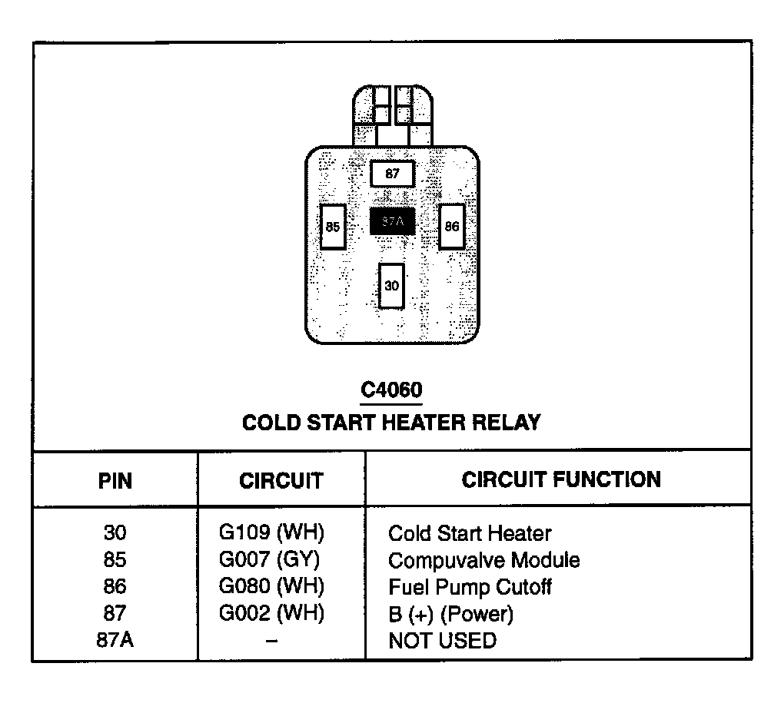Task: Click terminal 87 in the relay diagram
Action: [x=393, y=174]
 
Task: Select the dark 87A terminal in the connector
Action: [x=392, y=222]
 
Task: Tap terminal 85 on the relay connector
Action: [x=333, y=227]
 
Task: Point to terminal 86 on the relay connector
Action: [x=452, y=227]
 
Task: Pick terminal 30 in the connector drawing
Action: [x=392, y=286]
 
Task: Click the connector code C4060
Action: [x=391, y=390]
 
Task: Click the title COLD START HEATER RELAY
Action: [x=391, y=423]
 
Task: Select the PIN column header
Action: [x=115, y=481]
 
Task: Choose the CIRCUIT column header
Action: [x=281, y=481]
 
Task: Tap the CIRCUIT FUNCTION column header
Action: [x=560, y=479]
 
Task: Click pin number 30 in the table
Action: [x=115, y=532]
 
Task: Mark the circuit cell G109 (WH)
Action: [x=271, y=532]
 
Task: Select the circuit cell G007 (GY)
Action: [x=269, y=559]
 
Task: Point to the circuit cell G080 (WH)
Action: [x=271, y=586]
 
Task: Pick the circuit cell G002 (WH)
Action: [x=271, y=613]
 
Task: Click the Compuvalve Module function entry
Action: [x=484, y=560]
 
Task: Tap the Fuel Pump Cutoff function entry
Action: [x=470, y=587]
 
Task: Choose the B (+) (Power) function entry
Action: [x=450, y=614]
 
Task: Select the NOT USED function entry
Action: [x=442, y=640]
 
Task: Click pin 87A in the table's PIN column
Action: [x=115, y=640]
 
